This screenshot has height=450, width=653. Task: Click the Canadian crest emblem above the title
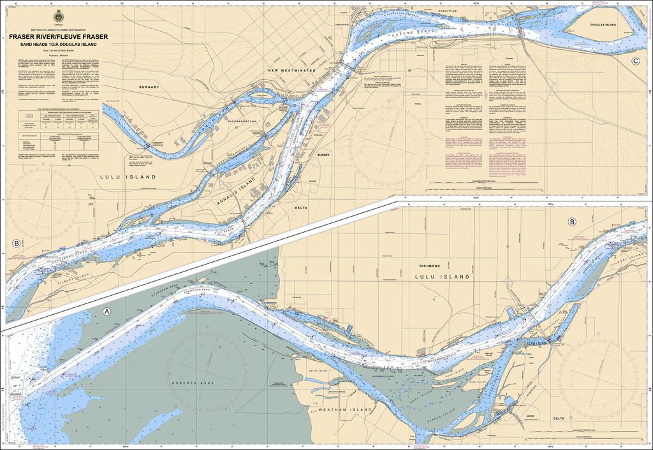click(59, 15)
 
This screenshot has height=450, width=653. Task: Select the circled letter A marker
click(107, 312)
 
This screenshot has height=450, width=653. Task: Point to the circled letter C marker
click(636, 61)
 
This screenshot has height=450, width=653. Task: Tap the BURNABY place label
click(149, 86)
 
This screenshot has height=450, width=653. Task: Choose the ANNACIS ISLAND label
click(237, 189)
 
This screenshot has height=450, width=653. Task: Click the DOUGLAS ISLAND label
click(602, 24)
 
